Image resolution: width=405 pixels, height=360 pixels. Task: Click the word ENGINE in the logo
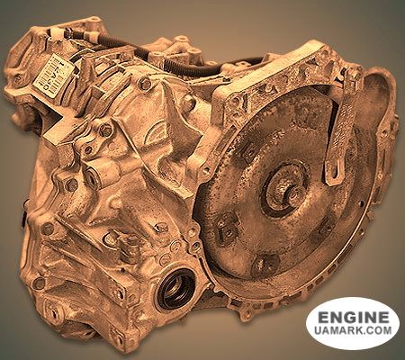(x=352, y=318)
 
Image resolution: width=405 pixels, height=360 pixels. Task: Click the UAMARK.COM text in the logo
(x=352, y=333)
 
